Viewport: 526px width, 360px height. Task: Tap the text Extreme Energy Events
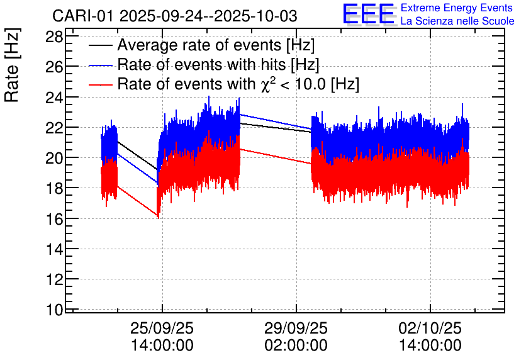[x=457, y=8]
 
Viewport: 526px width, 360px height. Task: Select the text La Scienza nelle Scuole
[x=457, y=21]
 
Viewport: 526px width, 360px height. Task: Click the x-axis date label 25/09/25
[x=162, y=328]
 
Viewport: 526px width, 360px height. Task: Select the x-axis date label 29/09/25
[x=296, y=328]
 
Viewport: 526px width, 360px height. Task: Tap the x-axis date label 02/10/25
[x=430, y=328]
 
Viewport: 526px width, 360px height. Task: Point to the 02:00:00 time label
[x=296, y=345]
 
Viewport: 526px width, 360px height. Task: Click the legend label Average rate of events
[x=216, y=46]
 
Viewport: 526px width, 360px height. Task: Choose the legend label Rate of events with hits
[x=218, y=65]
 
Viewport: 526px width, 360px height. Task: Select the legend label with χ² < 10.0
[x=238, y=84]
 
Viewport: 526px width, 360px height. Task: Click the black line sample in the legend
[x=101, y=46]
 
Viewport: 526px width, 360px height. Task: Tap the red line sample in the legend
[x=101, y=84]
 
